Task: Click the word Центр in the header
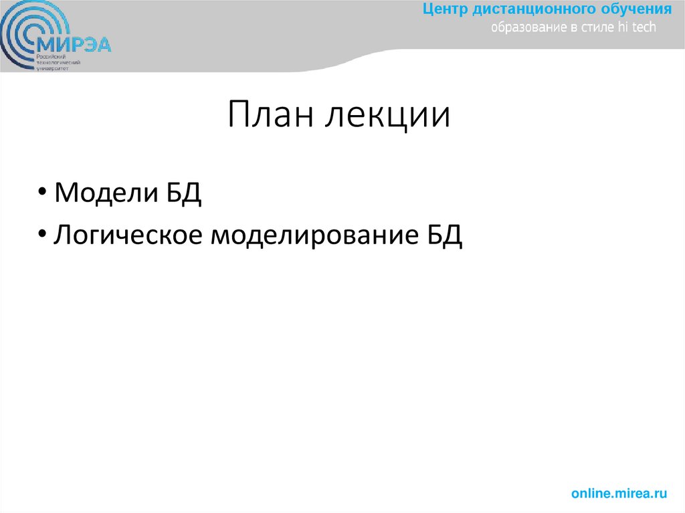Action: (x=444, y=9)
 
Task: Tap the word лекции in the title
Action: (x=387, y=116)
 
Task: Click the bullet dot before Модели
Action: (x=42, y=193)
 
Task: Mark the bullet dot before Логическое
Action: (x=42, y=235)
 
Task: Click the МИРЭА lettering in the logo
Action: (x=74, y=45)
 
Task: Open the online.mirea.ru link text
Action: (x=619, y=494)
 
